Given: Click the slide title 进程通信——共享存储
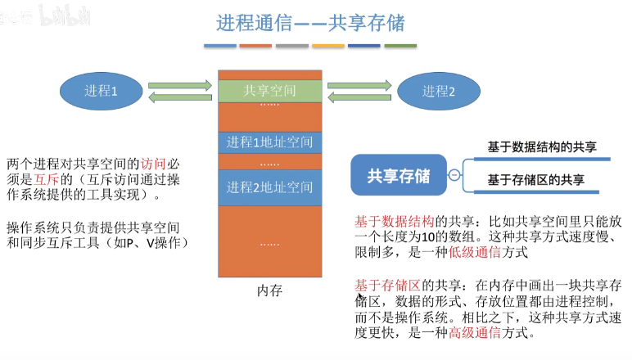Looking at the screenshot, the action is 310,23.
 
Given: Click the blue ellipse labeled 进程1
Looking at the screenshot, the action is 102,91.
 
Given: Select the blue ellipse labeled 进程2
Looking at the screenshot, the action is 439,92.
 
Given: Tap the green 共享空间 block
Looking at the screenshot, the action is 269,91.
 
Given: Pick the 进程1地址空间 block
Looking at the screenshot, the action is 269,142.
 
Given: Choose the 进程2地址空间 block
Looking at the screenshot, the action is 269,187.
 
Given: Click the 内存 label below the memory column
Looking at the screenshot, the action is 269,290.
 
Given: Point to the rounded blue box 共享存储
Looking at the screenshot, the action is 399,175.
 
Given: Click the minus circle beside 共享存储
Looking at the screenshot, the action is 454,175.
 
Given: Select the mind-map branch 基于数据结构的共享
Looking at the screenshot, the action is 542,147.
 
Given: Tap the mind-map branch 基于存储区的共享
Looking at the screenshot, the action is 535,180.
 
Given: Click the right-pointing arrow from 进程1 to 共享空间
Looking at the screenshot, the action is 180,85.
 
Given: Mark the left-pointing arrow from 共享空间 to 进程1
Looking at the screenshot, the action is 180,97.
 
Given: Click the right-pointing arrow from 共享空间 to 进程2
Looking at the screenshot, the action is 359,85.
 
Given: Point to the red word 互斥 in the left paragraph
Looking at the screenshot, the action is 47,179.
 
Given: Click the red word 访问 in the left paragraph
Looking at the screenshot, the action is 153,164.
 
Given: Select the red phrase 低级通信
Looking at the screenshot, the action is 474,253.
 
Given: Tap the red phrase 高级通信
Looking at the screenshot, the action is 474,333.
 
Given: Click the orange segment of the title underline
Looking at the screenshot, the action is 255,46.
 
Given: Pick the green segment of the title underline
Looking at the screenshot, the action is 400,46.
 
